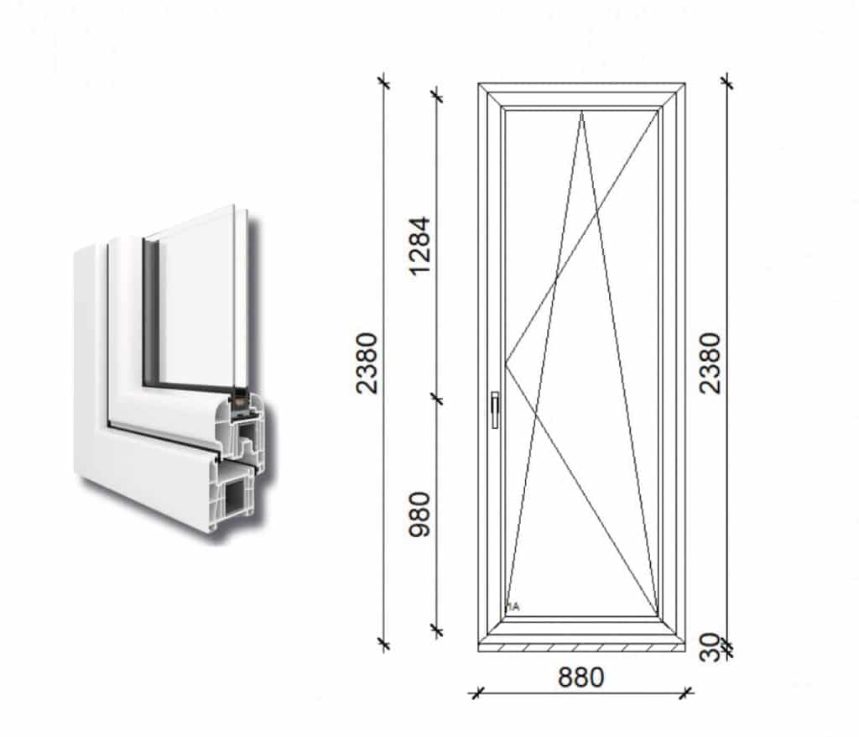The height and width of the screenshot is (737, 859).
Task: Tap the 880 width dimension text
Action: [x=580, y=677]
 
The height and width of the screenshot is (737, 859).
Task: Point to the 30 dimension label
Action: [x=710, y=647]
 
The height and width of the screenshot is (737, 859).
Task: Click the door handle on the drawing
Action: [x=495, y=409]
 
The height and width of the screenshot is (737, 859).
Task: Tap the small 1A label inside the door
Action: [x=513, y=607]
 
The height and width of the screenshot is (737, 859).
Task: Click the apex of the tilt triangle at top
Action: [x=582, y=112]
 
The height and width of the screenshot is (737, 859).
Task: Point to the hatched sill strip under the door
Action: [x=581, y=648]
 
